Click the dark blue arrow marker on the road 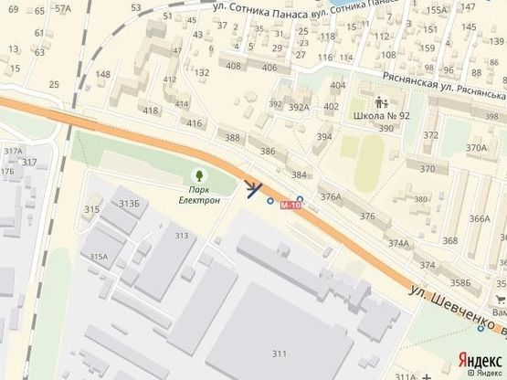[254, 187]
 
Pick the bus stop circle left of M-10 [269, 201]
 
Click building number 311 [278, 354]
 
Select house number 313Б [129, 203]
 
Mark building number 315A [100, 257]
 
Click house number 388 [233, 138]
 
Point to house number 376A [330, 196]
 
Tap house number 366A [479, 219]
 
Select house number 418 [151, 111]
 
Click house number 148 [103, 74]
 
